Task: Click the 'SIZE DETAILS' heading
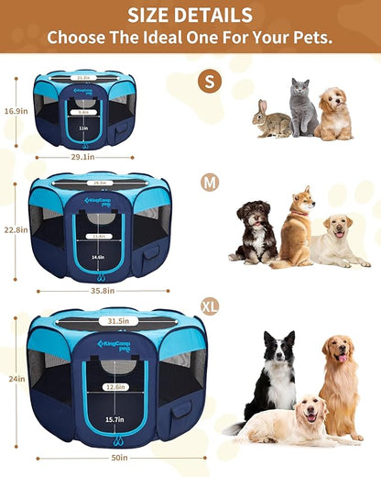pyautogui.click(x=190, y=16)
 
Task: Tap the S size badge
pyautogui.click(x=210, y=81)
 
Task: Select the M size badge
pyautogui.click(x=210, y=183)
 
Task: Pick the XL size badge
pyautogui.click(x=211, y=304)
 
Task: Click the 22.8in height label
pyautogui.click(x=15, y=230)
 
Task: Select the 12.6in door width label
pyautogui.click(x=114, y=386)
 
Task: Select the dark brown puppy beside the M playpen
pyautogui.click(x=255, y=231)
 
